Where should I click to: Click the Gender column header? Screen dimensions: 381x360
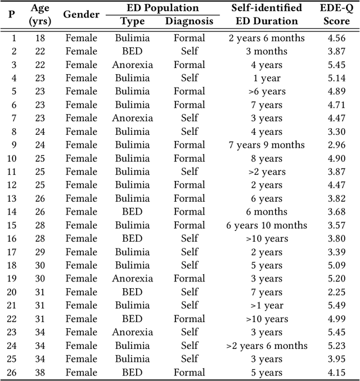(x=82, y=15)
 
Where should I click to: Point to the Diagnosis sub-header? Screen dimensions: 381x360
(x=190, y=21)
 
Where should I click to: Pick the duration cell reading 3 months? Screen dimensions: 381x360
(x=267, y=52)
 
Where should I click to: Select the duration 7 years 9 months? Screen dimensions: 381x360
(x=267, y=145)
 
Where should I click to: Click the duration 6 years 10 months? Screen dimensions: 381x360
(x=267, y=225)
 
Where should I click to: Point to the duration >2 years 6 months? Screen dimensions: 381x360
(x=267, y=346)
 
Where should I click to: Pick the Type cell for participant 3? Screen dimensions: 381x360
(x=132, y=65)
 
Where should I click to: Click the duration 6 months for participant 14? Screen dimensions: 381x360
(x=267, y=212)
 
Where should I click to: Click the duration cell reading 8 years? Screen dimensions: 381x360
(x=267, y=158)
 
